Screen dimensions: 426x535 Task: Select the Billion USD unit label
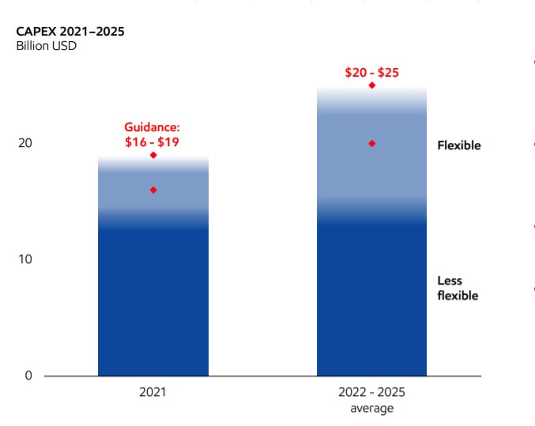coord(46,46)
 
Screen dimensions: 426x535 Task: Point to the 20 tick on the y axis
coord(26,143)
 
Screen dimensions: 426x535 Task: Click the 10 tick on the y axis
coord(26,259)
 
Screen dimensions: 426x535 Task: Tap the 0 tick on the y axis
coord(28,375)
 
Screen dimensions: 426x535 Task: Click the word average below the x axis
coord(371,408)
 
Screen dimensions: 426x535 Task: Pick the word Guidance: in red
coord(153,127)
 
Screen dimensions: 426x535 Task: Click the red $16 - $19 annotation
coord(153,142)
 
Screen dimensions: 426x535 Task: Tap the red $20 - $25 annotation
coord(371,73)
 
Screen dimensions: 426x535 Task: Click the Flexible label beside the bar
coord(458,145)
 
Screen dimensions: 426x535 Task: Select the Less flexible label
coord(458,288)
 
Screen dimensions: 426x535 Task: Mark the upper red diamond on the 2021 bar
coord(153,155)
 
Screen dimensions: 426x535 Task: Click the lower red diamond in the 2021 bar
coord(153,190)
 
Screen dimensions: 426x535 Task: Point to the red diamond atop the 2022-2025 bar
coord(371,85)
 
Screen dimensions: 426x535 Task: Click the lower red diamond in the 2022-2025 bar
coord(371,143)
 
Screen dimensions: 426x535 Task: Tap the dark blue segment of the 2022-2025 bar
coord(371,300)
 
